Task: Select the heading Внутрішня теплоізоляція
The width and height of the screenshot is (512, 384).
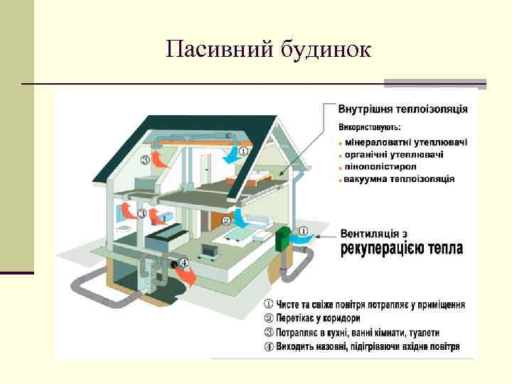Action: (402, 109)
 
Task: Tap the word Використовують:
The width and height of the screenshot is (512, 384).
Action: (369, 128)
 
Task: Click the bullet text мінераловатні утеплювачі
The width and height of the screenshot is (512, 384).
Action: (406, 142)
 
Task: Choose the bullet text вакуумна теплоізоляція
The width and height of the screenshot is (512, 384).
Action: (399, 178)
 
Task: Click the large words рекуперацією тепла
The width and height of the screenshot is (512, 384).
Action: (402, 249)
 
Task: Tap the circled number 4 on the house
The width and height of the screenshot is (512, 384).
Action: (184, 262)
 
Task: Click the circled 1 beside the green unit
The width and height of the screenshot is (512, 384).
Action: (304, 230)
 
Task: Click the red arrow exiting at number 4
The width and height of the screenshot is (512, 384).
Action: (188, 277)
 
